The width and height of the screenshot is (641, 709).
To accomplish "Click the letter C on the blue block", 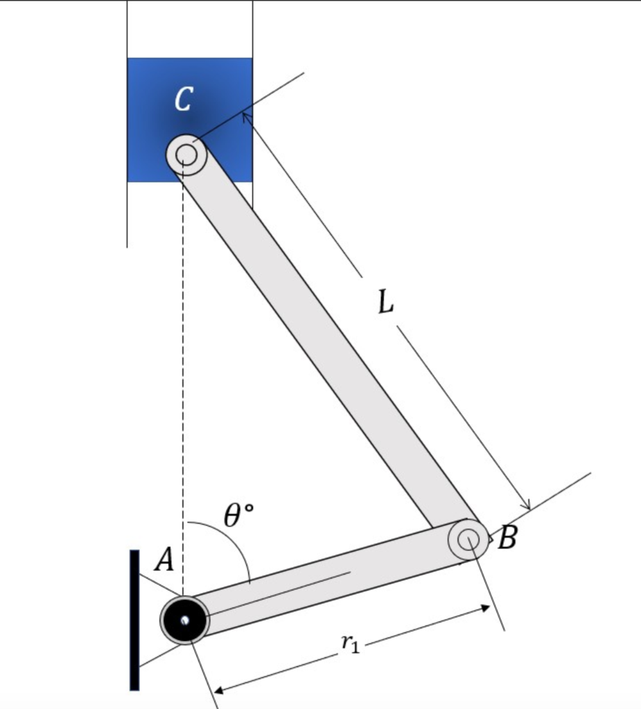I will (x=183, y=99).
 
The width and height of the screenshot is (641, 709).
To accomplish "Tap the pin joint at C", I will (x=186, y=154).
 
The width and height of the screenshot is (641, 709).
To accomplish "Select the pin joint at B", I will (x=468, y=539).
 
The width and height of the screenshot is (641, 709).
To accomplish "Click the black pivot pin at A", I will (x=184, y=620).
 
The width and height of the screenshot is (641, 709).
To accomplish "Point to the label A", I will (x=164, y=559).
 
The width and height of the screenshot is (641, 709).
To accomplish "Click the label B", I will (x=507, y=538).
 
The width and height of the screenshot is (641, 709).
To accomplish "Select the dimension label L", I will (x=386, y=302).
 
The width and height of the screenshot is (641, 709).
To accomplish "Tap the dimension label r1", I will (x=351, y=644).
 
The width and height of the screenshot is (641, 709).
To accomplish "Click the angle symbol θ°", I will (x=238, y=516).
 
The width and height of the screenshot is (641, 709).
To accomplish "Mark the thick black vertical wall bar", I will (x=134, y=620).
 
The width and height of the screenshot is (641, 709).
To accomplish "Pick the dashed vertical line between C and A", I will (x=183, y=381).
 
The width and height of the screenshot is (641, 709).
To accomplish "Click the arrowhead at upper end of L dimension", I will (x=245, y=117).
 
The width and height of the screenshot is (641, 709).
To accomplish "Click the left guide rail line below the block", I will (x=127, y=215).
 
